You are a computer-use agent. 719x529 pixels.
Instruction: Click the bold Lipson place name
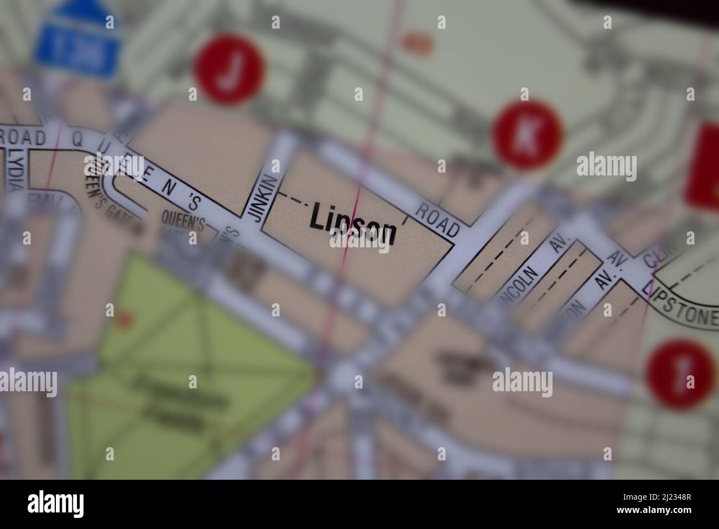coord(353,224)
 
